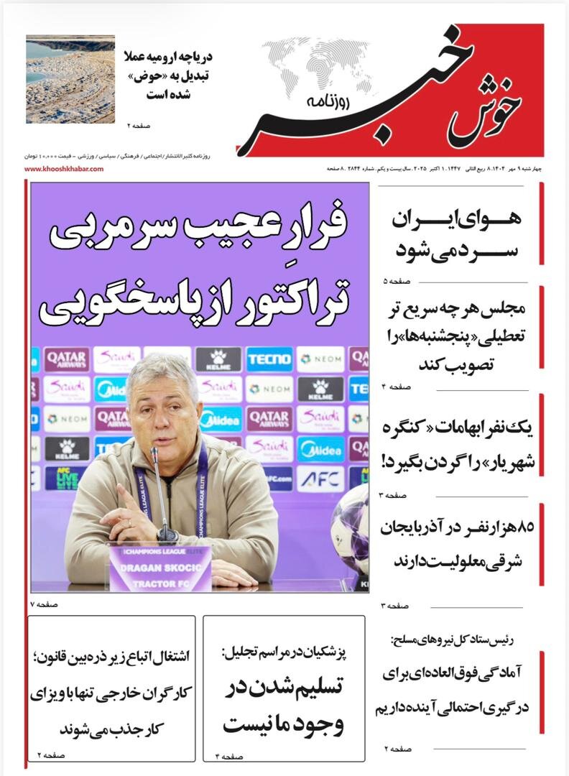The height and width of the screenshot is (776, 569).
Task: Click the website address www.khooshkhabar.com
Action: (x=64, y=169)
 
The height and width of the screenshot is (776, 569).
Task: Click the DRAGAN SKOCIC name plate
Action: (x=159, y=566)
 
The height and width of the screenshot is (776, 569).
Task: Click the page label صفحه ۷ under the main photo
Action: (x=44, y=604)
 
